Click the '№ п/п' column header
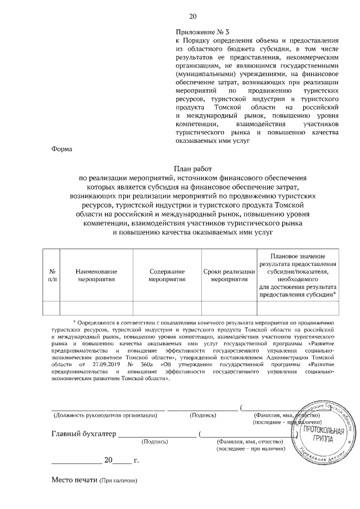coord(51,274)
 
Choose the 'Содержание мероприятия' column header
coord(166,274)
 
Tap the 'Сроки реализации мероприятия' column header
coord(228,274)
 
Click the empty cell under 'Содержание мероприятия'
coord(166,307)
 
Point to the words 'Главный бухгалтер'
coord(83,434)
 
